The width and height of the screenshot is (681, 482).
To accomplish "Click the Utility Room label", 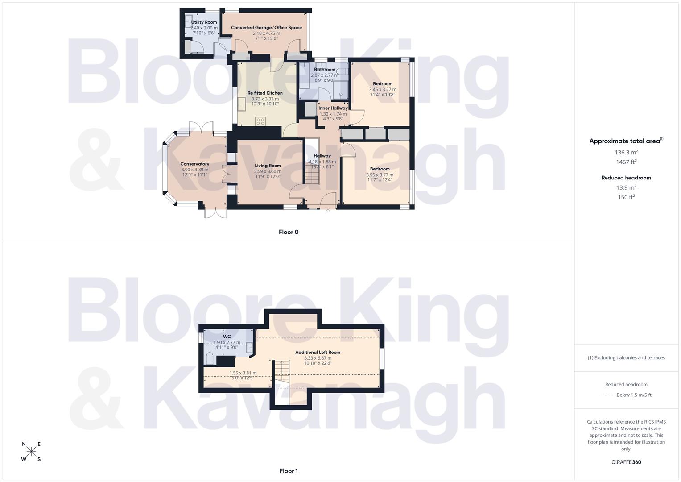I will [204, 22].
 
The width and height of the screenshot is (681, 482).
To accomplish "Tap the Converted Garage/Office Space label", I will [266, 28].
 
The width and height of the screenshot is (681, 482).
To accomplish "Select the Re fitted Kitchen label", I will [265, 93].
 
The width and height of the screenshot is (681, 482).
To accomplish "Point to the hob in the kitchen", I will [260, 121].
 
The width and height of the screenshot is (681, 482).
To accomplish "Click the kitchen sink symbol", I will [241, 104].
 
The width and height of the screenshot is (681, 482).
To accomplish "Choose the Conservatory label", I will [194, 164].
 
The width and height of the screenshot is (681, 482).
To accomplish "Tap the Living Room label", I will [268, 166].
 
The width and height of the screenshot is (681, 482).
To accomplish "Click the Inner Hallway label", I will [333, 108].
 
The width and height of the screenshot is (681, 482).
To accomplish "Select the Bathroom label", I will [325, 70].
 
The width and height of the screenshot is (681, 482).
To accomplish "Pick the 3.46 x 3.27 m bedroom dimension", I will [383, 89].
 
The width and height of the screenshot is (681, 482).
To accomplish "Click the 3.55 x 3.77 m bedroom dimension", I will [380, 175].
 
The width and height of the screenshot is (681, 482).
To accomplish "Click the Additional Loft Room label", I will [318, 352].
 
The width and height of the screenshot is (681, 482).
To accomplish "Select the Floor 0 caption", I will [289, 232].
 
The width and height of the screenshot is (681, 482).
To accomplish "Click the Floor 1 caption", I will [289, 471].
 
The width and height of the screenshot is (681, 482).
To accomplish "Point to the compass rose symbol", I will [31, 452].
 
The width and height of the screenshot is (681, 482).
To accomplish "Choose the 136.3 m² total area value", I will [626, 152].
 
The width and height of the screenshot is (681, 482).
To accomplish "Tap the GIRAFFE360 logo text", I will [626, 462].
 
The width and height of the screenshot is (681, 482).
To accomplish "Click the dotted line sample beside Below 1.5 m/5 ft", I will [607, 395].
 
